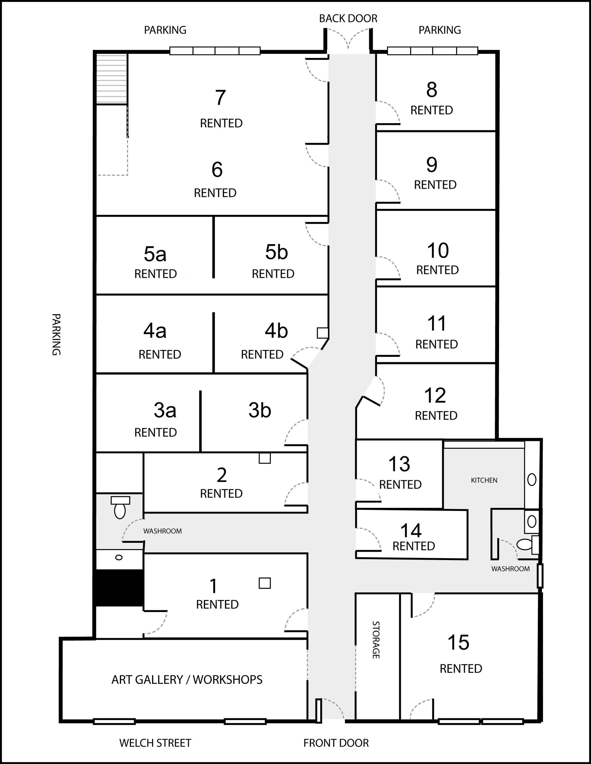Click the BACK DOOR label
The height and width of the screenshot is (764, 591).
tap(348, 18)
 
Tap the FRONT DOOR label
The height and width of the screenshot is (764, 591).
tap(336, 743)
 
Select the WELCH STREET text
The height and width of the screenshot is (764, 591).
tap(155, 743)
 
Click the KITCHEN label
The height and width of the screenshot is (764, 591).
tap(484, 480)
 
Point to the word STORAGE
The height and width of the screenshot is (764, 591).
tap(376, 640)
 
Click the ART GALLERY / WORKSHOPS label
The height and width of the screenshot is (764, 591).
tap(187, 679)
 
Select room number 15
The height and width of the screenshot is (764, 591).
tap(458, 642)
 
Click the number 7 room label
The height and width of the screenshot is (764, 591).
tap(220, 98)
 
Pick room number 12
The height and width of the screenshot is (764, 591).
tap(435, 395)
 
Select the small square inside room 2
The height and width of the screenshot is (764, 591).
tap(265, 458)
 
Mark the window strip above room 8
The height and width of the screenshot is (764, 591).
tap(432, 51)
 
